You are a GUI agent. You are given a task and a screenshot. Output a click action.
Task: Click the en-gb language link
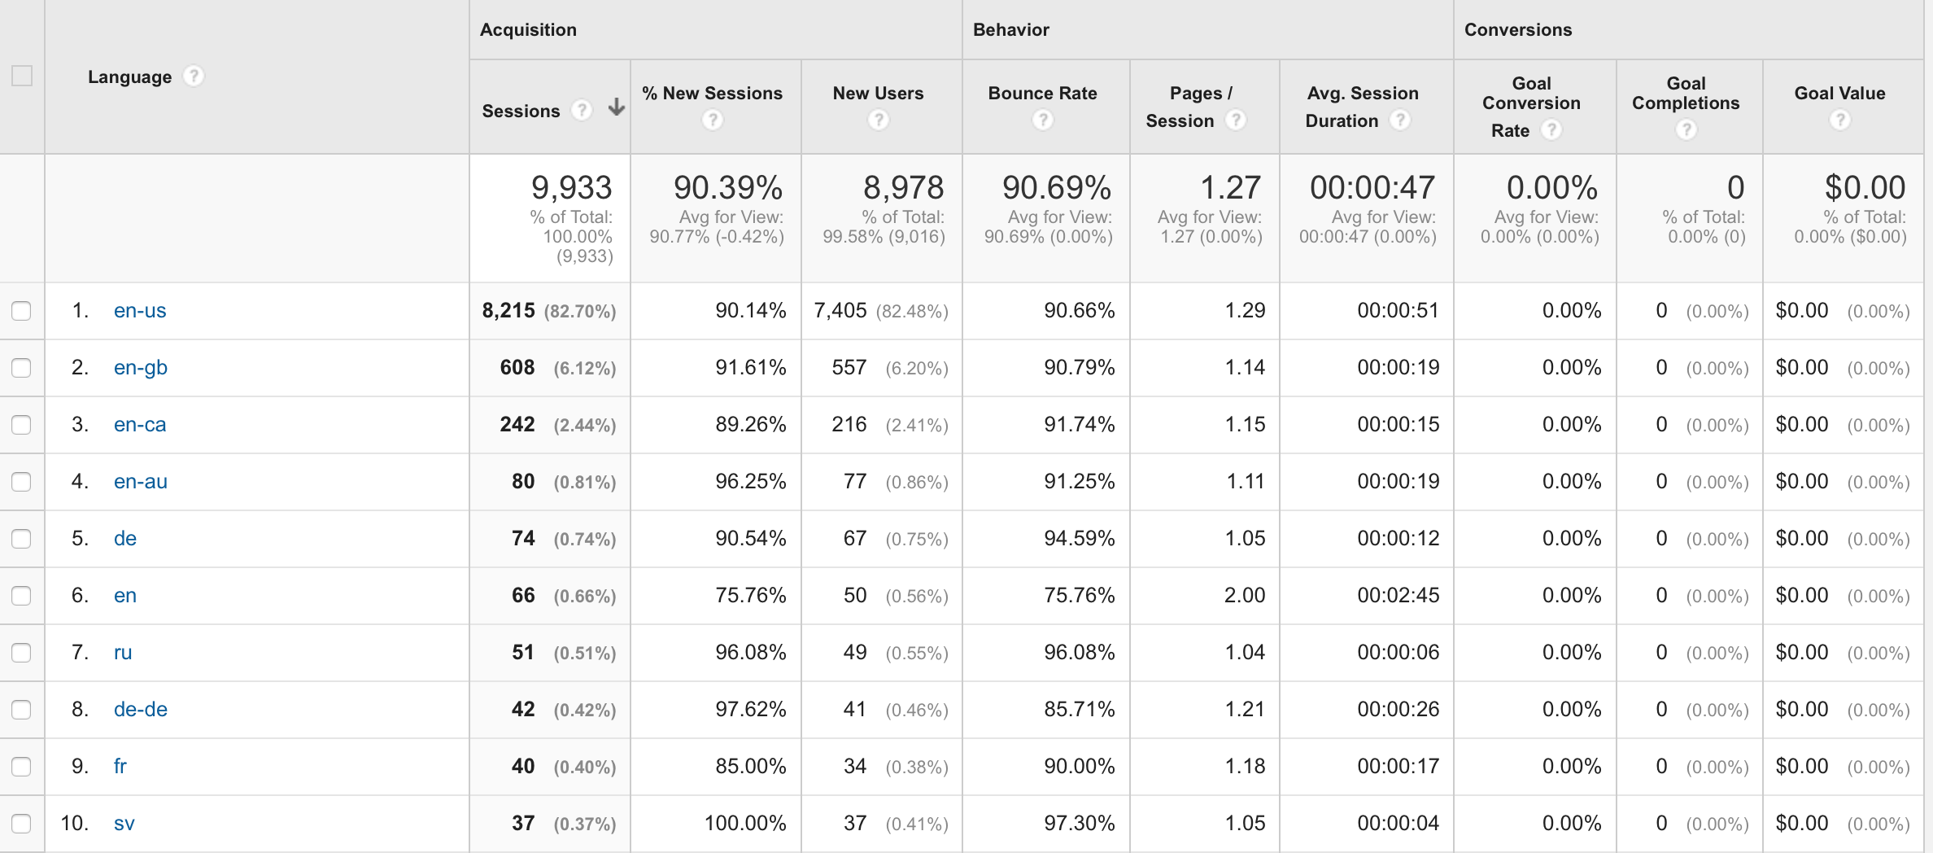(141, 368)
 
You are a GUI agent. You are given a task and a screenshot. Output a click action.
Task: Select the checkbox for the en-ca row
(21, 425)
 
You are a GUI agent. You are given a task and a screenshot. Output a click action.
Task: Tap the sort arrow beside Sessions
(617, 107)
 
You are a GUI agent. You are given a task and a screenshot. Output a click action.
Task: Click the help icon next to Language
(193, 77)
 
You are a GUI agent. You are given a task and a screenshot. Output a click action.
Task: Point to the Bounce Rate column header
(1042, 94)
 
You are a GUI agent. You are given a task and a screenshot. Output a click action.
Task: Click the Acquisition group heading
(528, 30)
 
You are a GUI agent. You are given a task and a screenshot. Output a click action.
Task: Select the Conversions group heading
(1517, 30)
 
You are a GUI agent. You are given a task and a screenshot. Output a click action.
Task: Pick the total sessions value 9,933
(571, 188)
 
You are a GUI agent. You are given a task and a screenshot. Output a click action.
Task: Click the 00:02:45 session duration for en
(1398, 596)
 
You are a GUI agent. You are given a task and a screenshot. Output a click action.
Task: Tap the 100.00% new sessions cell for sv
(744, 824)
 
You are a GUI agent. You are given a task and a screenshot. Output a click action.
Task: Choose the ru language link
(123, 653)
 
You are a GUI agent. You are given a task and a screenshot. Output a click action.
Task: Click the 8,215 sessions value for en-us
(508, 311)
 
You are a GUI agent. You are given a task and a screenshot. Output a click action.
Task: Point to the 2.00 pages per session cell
(1244, 596)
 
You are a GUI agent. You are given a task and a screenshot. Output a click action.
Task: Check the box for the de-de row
(21, 710)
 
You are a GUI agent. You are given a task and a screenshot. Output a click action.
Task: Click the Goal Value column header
(1839, 94)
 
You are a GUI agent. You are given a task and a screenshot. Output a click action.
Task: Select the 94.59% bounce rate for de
(1079, 539)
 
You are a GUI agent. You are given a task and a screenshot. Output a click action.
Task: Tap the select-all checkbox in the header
(22, 77)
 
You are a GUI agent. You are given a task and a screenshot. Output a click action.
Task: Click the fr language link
(120, 767)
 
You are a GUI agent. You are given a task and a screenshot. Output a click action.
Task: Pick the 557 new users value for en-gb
(849, 368)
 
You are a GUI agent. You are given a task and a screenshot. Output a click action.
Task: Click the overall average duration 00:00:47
(1372, 188)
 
